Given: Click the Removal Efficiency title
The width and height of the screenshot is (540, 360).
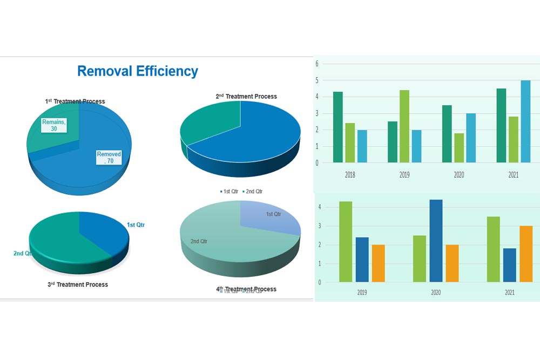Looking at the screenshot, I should click(x=138, y=71).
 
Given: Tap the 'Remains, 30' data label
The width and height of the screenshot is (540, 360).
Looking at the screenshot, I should click(x=54, y=125).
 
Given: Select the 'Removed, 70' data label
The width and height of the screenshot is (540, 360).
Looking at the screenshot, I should click(x=109, y=158).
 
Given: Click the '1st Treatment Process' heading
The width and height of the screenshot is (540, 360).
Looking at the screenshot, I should click(x=75, y=101).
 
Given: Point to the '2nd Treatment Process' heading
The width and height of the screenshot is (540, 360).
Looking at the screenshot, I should click(x=246, y=97).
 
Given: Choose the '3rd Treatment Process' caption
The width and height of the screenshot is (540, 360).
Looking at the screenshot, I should click(x=78, y=284).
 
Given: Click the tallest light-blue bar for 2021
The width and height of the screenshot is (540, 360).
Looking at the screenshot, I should click(x=525, y=121).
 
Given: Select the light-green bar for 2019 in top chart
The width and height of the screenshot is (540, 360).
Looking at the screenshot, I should click(x=404, y=126).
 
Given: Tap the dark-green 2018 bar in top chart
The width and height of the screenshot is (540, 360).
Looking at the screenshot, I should click(x=338, y=127).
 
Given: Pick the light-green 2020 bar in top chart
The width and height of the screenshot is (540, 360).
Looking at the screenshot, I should click(x=459, y=147).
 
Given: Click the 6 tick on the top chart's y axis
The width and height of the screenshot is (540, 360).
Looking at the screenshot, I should click(x=318, y=64).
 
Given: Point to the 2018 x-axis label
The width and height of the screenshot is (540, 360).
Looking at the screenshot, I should click(x=350, y=175).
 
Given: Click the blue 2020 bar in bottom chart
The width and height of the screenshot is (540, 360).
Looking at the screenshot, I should click(x=436, y=241).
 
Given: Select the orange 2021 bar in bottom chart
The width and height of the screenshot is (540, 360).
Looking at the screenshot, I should click(x=526, y=254).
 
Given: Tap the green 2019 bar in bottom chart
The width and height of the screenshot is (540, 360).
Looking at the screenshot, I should click(x=346, y=242).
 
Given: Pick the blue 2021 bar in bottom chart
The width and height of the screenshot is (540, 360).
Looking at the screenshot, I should click(x=509, y=265).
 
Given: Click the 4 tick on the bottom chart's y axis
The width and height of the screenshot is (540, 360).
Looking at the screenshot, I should click(x=320, y=207).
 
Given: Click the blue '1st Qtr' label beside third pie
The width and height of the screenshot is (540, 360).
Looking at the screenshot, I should click(x=136, y=225).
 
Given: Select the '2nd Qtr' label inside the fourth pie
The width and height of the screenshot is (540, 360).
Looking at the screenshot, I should click(x=199, y=241).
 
